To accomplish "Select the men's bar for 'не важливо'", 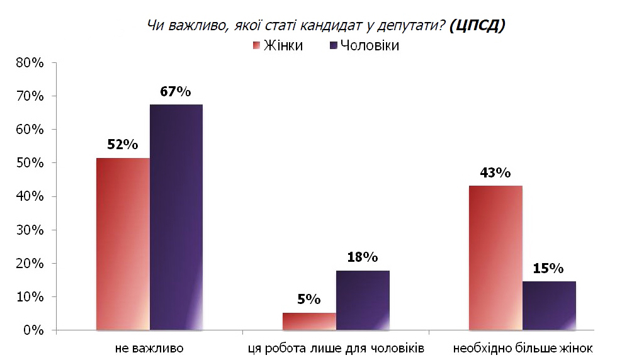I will point(176,217).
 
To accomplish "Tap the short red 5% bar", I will point(309,321).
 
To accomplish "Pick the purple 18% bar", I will point(363,300).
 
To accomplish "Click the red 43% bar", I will point(495,257).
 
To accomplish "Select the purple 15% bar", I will point(549,305).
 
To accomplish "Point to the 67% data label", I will point(175,91).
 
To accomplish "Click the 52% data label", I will point(122,145).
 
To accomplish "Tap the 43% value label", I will point(495,172).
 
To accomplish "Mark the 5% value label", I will point(309,300).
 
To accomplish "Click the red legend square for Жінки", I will point(256,45).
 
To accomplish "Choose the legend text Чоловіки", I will point(370,45).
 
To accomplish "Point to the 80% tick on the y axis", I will point(30,63).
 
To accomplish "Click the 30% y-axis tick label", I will point(30,230).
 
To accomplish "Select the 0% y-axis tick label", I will point(33,330).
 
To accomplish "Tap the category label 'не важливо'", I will point(149,347).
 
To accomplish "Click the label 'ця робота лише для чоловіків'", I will point(336,347).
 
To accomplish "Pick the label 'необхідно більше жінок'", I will point(523,347).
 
